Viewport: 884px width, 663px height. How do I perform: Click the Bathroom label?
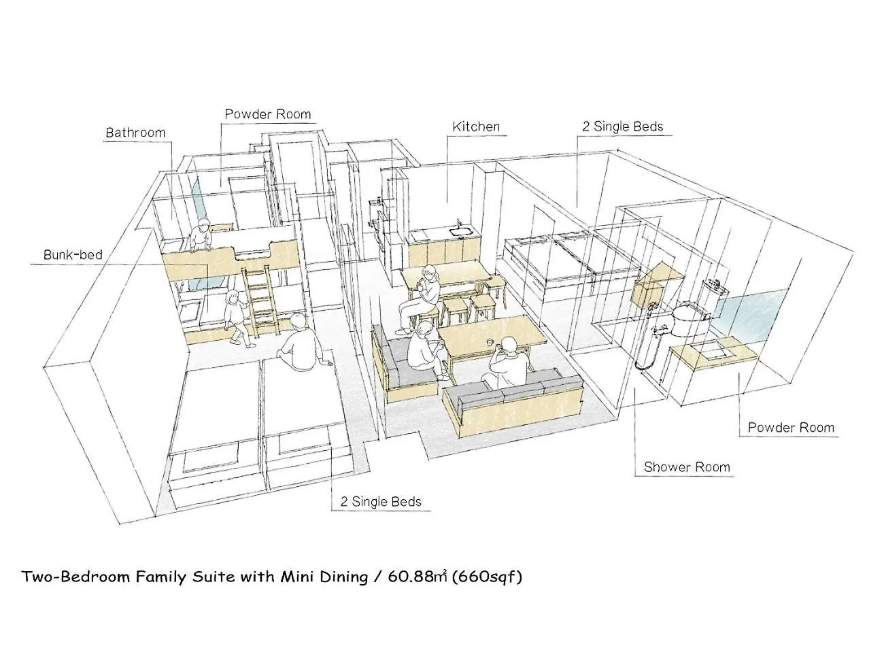pos(135,133)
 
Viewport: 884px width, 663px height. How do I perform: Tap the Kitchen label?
pos(475,126)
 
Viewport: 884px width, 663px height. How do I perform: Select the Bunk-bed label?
pos(73,255)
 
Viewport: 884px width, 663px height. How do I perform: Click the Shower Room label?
pos(687,467)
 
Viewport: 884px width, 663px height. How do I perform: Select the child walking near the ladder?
pos(237,318)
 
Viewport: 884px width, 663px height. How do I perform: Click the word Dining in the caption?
pos(344,577)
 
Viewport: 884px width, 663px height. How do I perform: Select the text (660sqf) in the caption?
pos(487,577)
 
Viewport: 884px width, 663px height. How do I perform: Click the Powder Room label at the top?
pos(268,114)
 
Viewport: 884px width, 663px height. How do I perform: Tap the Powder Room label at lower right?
pos(791,428)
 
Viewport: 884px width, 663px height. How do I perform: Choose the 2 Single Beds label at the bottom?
pos(381,502)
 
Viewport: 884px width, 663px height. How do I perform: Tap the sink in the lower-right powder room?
pos(715,355)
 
